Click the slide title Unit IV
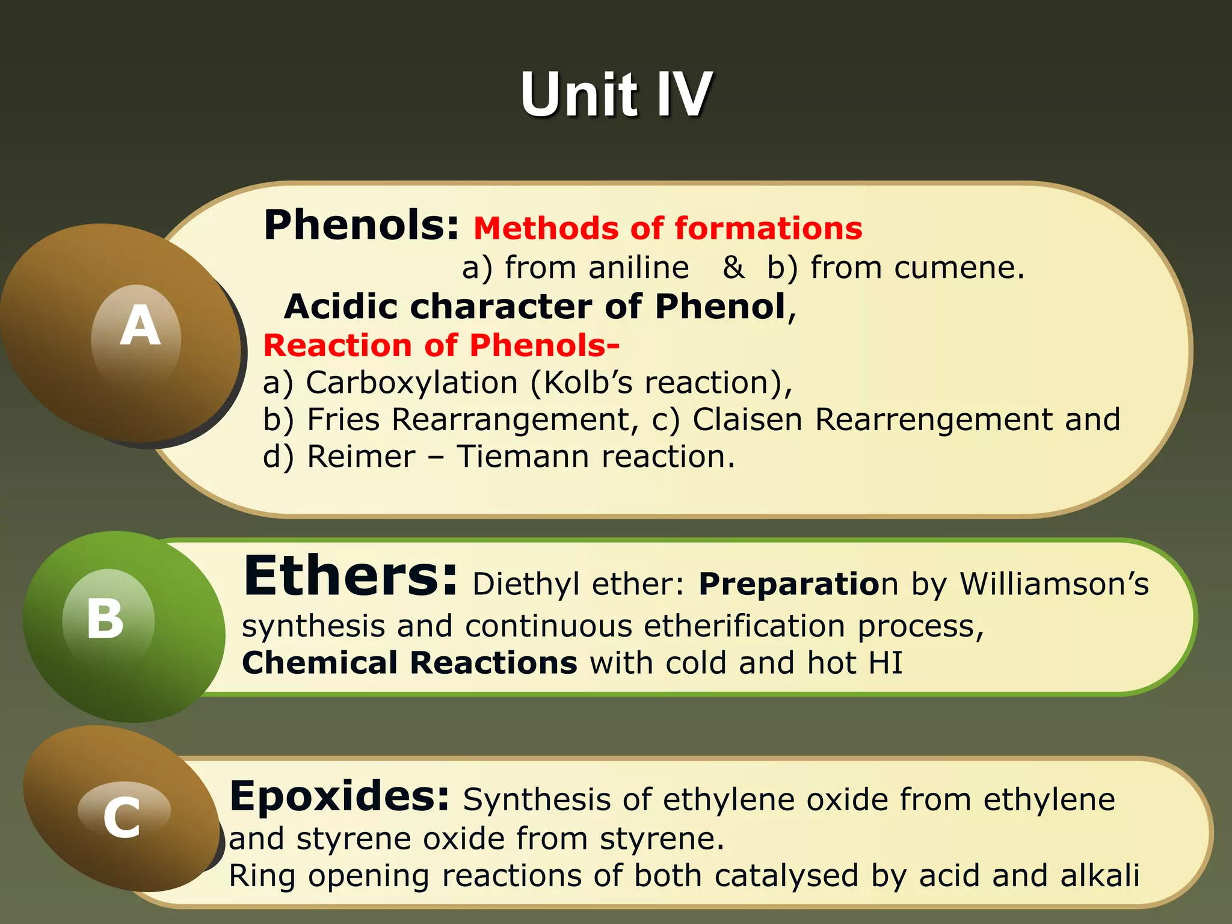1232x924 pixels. point(616,94)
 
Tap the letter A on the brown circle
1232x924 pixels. point(140,325)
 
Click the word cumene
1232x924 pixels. point(959,268)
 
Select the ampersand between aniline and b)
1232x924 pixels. point(733,268)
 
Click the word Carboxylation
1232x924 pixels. point(411,383)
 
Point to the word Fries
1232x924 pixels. point(343,420)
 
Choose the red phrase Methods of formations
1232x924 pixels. point(668,229)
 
